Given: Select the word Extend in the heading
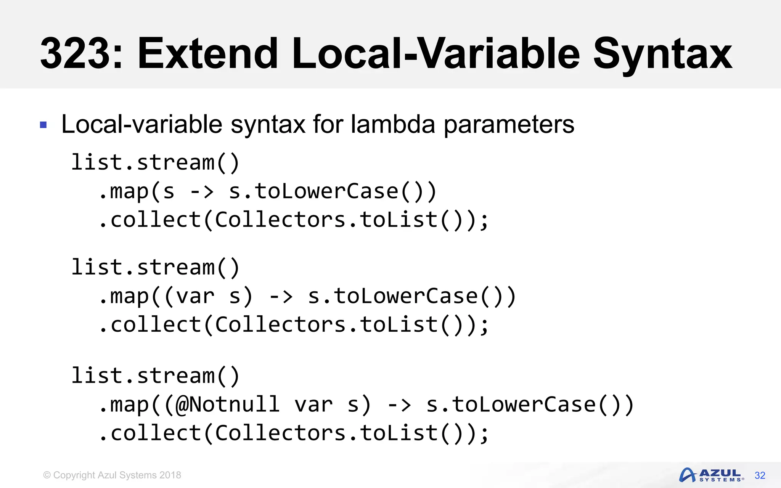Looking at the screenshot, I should pyautogui.click(x=208, y=53).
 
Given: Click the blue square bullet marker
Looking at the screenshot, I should pyautogui.click(x=43, y=125).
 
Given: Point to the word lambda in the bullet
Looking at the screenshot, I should pyautogui.click(x=393, y=124).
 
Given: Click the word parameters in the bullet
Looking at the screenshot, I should pyautogui.click(x=509, y=125).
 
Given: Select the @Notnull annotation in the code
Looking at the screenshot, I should pyautogui.click(x=228, y=405).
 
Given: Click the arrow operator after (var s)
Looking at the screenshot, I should pyautogui.click(x=281, y=296).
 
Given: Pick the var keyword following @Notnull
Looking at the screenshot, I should pyautogui.click(x=313, y=405).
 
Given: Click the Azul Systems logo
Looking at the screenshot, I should pyautogui.click(x=711, y=475).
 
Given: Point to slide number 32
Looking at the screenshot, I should pyautogui.click(x=760, y=475).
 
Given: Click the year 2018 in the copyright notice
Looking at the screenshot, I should pyautogui.click(x=170, y=475).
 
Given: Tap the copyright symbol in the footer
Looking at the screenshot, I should pyautogui.click(x=47, y=475).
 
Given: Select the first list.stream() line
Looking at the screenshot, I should pyautogui.click(x=155, y=163).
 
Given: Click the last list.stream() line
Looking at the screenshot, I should pyautogui.click(x=155, y=376).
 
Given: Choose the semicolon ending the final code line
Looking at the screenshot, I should pyautogui.click(x=484, y=435).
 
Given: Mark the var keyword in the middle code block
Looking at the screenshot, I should pyautogui.click(x=195, y=297).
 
